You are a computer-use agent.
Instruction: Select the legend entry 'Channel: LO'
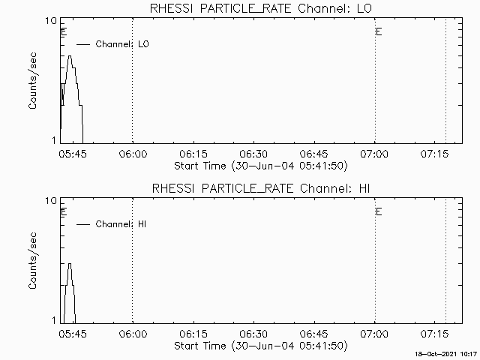122,44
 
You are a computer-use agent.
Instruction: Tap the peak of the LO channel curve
70,56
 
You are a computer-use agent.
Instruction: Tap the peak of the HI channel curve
70,264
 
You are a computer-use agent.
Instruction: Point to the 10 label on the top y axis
53,21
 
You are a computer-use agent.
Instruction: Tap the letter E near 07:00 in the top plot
379,32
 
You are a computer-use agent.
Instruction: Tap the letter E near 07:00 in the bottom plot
379,212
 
